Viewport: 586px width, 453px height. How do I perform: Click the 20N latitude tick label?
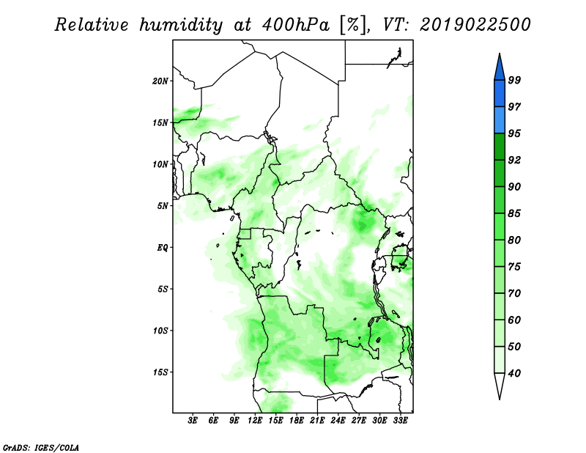[x=160, y=81]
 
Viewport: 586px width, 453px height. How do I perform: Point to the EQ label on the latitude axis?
[x=163, y=248]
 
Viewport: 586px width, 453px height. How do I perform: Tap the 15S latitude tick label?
[x=160, y=372]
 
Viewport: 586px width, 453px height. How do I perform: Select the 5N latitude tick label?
[x=163, y=206]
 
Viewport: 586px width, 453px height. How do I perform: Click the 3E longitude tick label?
[x=193, y=421]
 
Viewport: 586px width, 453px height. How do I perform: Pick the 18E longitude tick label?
[x=297, y=421]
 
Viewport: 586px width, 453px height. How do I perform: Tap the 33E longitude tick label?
[x=400, y=421]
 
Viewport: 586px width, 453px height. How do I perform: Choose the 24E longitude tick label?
[x=338, y=421]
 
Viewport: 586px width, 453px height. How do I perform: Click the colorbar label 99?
[x=514, y=80]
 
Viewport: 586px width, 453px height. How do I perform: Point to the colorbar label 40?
[x=514, y=373]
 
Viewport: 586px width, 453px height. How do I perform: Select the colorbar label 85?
[x=514, y=213]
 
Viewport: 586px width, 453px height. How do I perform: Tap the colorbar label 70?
[x=514, y=293]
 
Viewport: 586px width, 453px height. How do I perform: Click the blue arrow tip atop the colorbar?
[x=500, y=54]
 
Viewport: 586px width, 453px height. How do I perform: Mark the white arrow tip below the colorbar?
[x=500, y=399]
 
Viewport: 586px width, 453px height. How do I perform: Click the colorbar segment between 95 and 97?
[x=500, y=120]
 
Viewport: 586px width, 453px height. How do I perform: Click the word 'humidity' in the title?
[x=181, y=26]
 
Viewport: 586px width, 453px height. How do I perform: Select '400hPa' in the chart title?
[x=296, y=25]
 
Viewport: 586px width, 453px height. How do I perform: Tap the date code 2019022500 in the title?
[x=475, y=25]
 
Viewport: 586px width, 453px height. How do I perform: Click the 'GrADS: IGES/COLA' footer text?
[x=41, y=447]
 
